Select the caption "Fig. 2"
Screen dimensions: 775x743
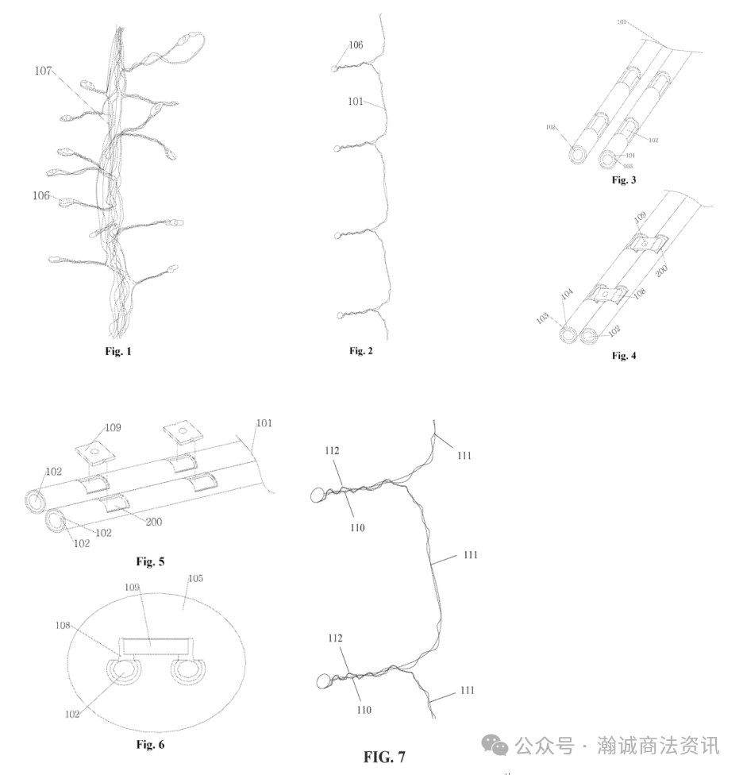361,351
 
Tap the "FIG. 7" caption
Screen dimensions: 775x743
384,756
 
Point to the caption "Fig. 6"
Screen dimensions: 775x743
150,745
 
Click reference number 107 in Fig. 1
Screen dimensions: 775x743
44,71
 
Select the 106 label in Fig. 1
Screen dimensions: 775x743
42,195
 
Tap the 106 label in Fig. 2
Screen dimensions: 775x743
356,46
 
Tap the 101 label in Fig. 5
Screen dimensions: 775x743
264,423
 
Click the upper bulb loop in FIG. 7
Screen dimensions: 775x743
318,496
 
